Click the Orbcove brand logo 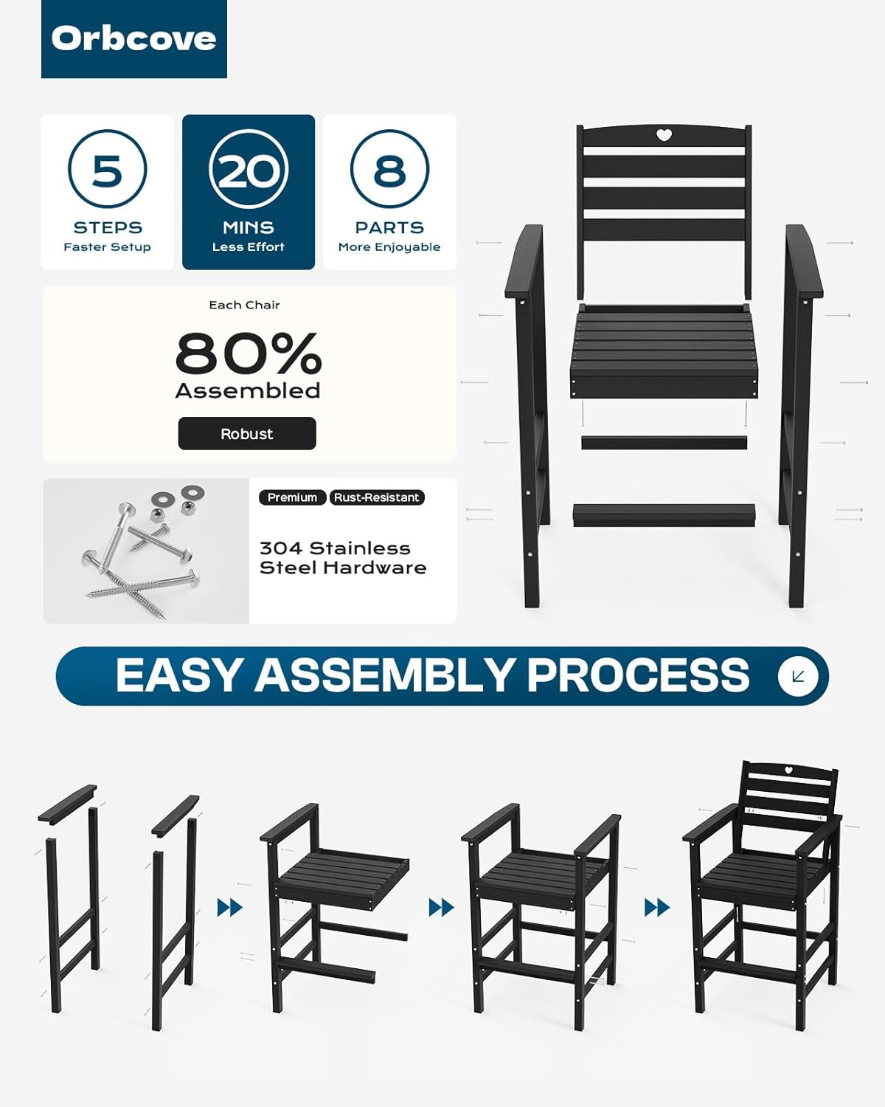(x=133, y=39)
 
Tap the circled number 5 (x=107, y=169)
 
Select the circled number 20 (x=249, y=169)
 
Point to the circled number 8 (x=389, y=169)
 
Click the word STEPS (x=108, y=227)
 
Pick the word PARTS (x=389, y=227)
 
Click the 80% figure (x=249, y=354)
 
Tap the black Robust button (x=247, y=433)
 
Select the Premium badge (x=292, y=497)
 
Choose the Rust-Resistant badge (x=377, y=497)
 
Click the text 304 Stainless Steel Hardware (x=342, y=558)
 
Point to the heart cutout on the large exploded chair (x=664, y=135)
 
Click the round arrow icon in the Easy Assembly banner (x=797, y=676)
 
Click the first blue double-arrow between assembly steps (x=229, y=908)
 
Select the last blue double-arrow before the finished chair (x=656, y=908)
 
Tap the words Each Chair (x=244, y=305)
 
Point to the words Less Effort (x=249, y=247)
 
